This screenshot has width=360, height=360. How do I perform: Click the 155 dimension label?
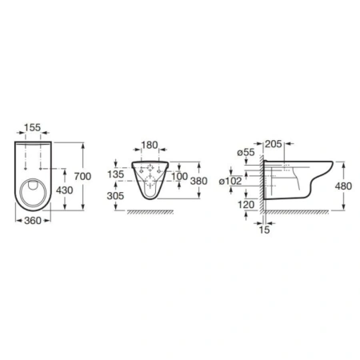[33, 127]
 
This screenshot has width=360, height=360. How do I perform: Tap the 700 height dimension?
[82, 176]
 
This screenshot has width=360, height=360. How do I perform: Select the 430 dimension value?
[64, 190]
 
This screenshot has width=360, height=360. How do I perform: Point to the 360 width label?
[33, 221]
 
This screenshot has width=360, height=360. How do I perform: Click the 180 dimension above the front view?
[150, 145]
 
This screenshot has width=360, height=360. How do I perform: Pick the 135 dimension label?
[116, 174]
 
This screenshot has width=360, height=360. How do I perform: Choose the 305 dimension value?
[115, 196]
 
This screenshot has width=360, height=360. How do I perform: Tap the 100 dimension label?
[179, 176]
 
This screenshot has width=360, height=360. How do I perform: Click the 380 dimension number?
[198, 181]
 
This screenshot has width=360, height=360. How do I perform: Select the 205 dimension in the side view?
[274, 144]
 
